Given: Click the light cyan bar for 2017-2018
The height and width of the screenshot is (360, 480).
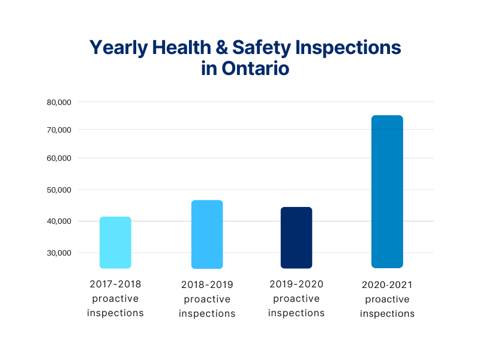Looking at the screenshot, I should tap(115, 242).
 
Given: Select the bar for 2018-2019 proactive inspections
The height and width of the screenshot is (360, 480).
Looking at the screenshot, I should tap(207, 235).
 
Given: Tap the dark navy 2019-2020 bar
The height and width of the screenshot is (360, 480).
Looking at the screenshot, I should tap(296, 238).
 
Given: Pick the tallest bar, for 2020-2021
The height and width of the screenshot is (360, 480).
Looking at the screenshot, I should tap(387, 191).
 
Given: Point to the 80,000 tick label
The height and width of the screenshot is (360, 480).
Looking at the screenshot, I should tap(59, 102).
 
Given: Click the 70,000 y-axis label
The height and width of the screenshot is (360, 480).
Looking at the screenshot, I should tap(59, 130).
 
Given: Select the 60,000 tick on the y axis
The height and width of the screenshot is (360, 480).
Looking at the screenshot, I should tap(59, 158).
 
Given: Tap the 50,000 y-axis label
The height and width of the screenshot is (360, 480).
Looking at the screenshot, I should tap(59, 190).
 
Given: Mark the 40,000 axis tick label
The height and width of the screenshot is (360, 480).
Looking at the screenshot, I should tap(59, 221).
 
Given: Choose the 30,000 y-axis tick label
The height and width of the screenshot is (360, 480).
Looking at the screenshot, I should tap(59, 253).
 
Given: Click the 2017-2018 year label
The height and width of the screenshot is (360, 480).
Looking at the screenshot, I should tap(115, 283).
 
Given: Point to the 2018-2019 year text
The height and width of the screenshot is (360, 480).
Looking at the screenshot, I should tap(207, 284).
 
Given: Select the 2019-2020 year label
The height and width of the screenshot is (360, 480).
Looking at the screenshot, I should tap(296, 283).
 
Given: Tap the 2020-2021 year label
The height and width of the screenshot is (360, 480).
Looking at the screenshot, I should tap(387, 284).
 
